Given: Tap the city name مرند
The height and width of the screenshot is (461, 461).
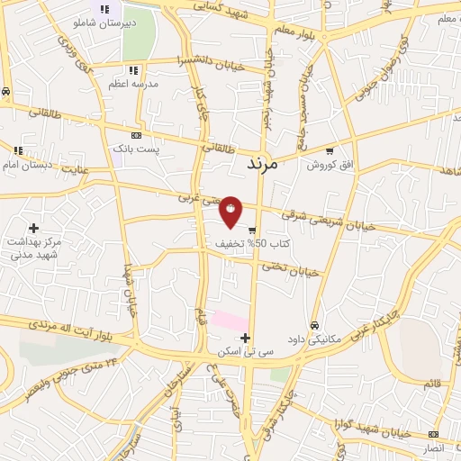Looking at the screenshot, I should (269, 166).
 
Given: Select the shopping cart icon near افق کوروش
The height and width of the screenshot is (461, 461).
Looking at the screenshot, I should (330, 151).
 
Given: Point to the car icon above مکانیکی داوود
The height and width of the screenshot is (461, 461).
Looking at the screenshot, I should (313, 325).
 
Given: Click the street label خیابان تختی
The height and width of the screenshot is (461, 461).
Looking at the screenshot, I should (292, 268).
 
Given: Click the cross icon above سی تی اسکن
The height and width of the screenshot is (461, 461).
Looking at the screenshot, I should (245, 338).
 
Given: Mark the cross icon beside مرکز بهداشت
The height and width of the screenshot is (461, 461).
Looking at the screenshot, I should (34, 229).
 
